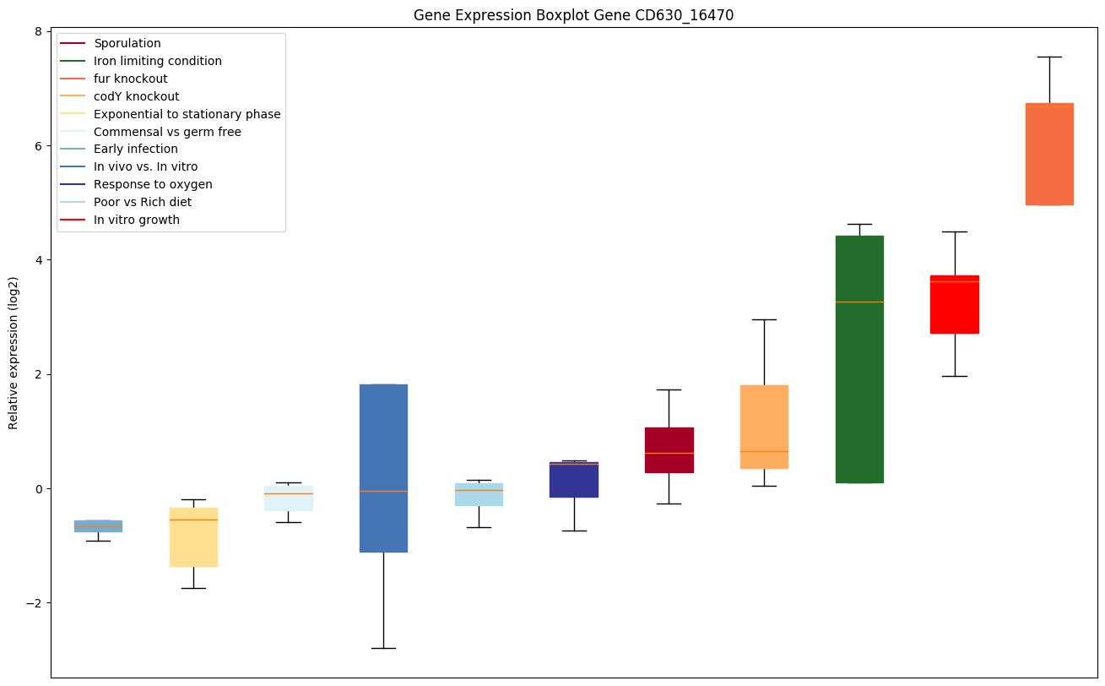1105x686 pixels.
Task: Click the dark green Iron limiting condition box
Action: click(859, 359)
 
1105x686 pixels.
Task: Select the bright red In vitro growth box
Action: click(954, 304)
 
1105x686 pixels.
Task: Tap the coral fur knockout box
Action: click(1049, 154)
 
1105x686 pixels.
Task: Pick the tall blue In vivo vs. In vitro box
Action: click(383, 468)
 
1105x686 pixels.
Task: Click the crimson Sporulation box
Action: click(669, 450)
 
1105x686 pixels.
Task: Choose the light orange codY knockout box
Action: click(764, 427)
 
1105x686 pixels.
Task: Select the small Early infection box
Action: click(98, 525)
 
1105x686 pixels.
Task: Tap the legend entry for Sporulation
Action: click(127, 43)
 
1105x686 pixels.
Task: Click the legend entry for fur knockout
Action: click(131, 79)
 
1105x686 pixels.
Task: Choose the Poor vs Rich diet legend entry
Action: click(143, 202)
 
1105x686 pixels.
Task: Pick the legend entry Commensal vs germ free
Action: click(167, 132)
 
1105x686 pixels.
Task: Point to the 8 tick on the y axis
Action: click(38, 31)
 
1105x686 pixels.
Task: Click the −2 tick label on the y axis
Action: click(35, 603)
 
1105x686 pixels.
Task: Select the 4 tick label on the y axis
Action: click(38, 259)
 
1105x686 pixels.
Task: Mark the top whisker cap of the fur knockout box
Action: click(1049, 57)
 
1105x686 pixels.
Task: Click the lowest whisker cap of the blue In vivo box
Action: click(383, 648)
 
